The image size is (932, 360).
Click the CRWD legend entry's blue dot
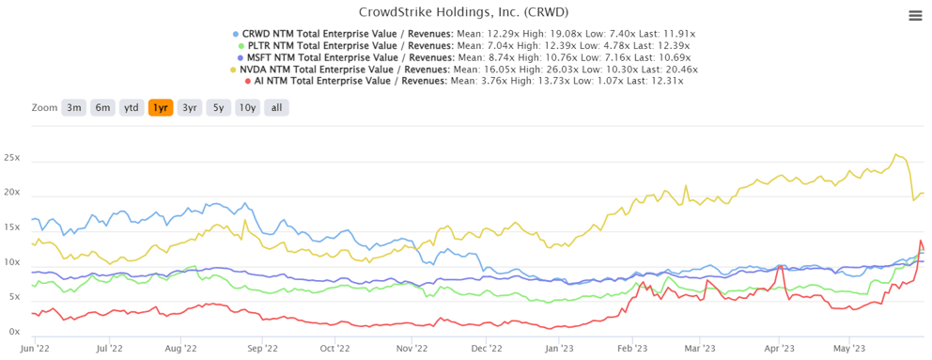[x=236, y=33]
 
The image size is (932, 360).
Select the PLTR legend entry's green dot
[x=241, y=45]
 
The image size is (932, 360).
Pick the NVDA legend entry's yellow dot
[x=234, y=70]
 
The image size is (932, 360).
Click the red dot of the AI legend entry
[x=247, y=82]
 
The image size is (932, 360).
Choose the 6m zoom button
[x=103, y=107]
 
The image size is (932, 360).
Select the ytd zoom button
[x=132, y=107]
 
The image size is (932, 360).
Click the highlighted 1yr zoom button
[x=161, y=107]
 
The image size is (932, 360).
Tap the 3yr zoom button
[x=190, y=107]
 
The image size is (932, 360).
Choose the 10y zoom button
[x=247, y=107]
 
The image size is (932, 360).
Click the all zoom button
[x=276, y=107]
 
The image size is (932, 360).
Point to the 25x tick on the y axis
[x=11, y=157]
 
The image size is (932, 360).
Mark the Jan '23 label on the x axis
[x=559, y=348]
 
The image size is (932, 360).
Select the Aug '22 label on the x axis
[x=180, y=348]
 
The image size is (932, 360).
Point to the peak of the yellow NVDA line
[x=896, y=155]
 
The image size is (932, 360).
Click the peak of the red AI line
[x=921, y=241]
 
